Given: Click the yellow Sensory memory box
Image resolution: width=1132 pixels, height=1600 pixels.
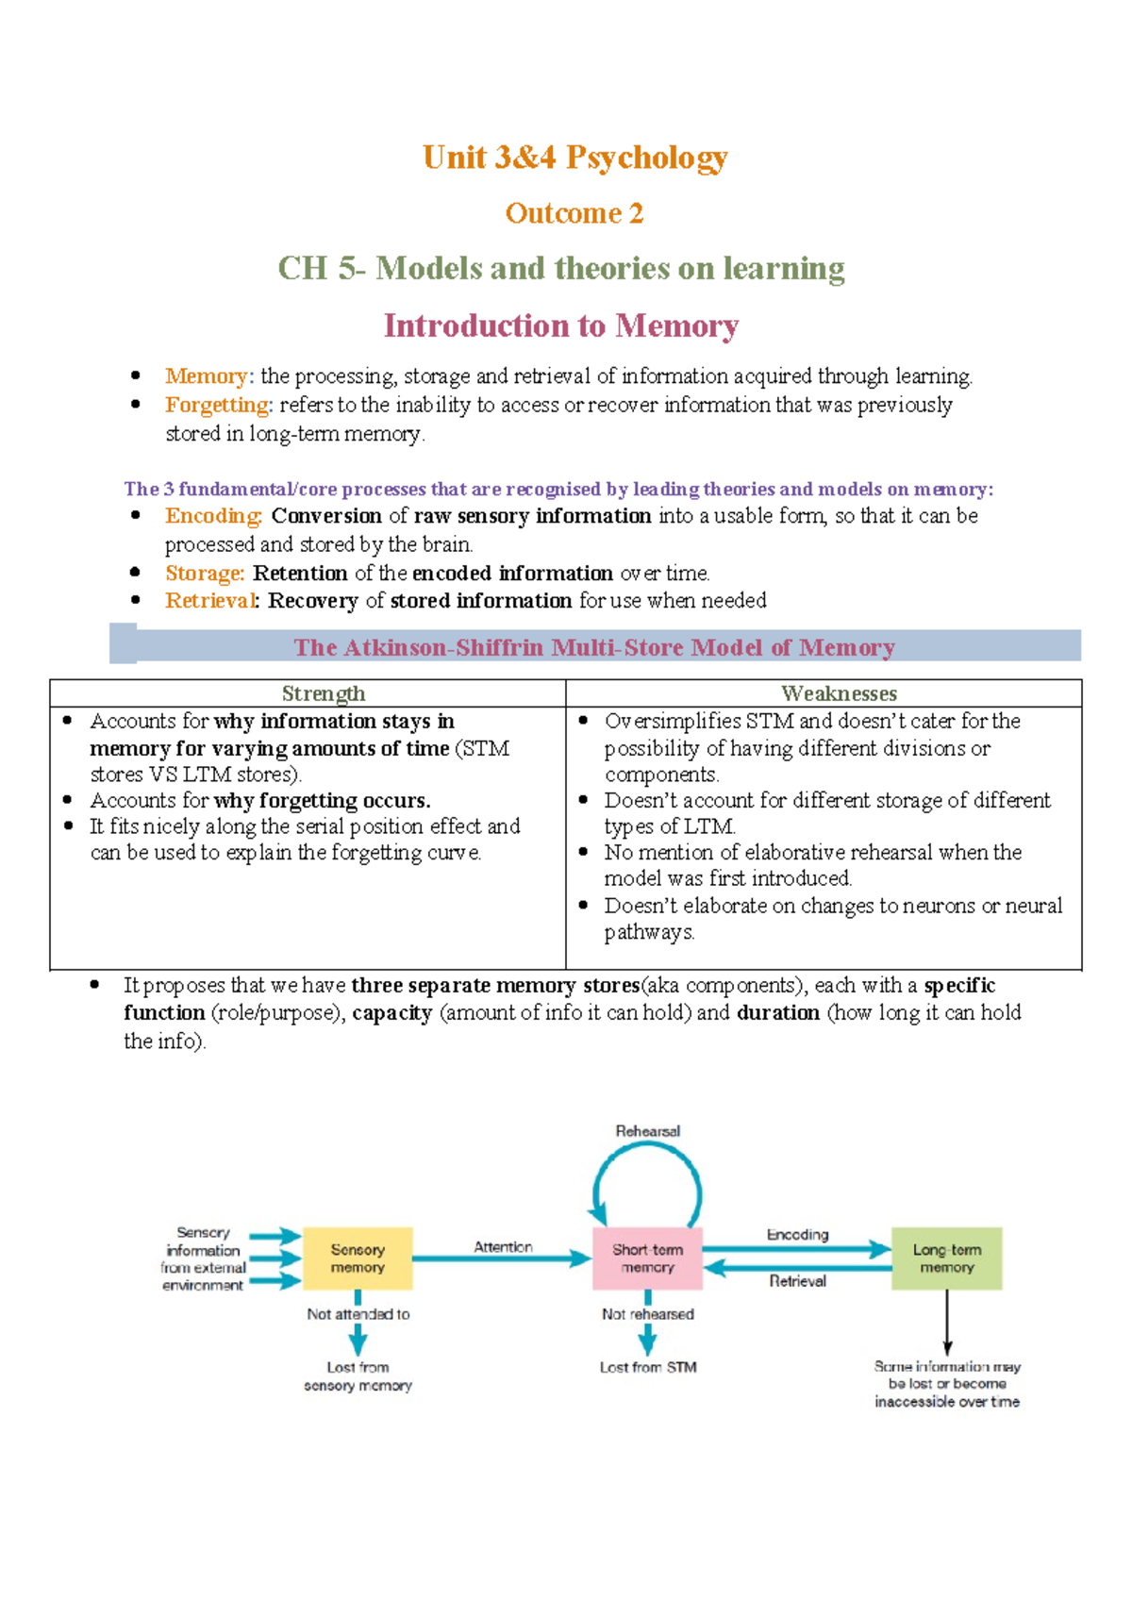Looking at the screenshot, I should tap(358, 1258).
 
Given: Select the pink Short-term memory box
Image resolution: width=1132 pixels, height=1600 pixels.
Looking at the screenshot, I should tap(647, 1258).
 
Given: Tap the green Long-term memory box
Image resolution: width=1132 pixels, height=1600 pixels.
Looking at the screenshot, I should tap(946, 1258).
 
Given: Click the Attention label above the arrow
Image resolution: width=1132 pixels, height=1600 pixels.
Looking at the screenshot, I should tap(503, 1246).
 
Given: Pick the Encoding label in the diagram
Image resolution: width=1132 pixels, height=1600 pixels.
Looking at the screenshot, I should tap(797, 1234).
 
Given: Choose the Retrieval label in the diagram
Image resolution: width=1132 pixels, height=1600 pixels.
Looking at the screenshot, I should tap(797, 1281).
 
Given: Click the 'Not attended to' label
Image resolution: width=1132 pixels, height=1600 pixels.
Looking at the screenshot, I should tap(358, 1313).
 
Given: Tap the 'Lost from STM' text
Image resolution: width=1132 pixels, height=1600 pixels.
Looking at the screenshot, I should tap(647, 1367).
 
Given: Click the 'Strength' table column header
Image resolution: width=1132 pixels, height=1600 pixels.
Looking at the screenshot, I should tap(323, 693).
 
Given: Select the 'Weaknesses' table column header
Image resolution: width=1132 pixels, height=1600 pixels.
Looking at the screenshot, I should tap(839, 693).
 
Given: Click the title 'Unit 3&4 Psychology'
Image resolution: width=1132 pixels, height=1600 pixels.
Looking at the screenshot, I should tap(574, 157).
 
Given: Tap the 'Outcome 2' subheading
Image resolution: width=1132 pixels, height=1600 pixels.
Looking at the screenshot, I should tap(574, 213).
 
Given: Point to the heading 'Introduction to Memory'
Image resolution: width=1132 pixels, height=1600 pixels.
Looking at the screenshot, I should tap(560, 325).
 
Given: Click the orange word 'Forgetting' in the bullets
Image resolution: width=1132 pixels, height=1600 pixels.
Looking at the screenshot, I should tap(217, 405).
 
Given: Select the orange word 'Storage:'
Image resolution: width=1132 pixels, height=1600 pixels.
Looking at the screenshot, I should tap(205, 573).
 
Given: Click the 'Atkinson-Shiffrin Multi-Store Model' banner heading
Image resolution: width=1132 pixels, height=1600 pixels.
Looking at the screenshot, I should tap(594, 647).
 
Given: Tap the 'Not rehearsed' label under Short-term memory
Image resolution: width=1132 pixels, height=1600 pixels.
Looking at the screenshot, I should tap(647, 1313).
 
